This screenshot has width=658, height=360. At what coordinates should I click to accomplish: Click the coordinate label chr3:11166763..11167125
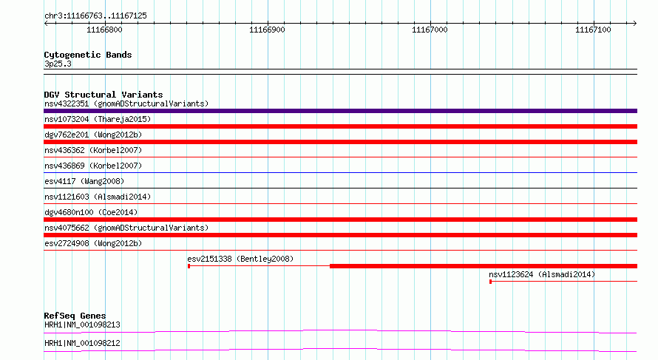[95, 16]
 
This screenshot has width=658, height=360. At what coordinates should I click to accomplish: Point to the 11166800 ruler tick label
[104, 30]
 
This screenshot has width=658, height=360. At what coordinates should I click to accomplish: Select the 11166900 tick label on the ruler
[267, 30]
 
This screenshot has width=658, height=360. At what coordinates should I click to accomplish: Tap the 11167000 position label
[430, 30]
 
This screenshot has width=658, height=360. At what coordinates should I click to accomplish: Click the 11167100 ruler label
[593, 30]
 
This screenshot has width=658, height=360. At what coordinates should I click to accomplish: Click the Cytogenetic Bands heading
[88, 55]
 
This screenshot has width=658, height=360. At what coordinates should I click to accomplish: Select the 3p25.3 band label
[58, 64]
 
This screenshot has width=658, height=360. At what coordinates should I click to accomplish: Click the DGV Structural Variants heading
[104, 95]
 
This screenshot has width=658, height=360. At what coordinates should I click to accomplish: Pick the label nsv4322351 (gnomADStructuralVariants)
[126, 103]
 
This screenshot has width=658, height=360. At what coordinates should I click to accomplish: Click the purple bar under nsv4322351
[340, 111]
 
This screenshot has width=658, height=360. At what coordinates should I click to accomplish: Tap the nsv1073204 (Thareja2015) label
[98, 119]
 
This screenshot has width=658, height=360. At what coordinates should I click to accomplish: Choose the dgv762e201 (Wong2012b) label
[93, 135]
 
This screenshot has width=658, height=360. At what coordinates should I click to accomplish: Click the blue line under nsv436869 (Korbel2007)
[340, 172]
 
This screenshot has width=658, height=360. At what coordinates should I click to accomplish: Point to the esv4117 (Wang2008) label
[84, 181]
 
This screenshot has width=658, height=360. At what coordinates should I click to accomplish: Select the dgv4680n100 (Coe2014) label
[91, 212]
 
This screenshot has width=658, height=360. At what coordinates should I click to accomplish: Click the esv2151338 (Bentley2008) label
[240, 259]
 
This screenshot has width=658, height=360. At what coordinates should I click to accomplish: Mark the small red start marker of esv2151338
[189, 266]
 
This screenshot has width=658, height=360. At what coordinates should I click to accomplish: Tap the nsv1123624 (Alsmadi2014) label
[542, 274]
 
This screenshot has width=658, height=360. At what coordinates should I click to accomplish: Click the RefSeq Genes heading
[75, 316]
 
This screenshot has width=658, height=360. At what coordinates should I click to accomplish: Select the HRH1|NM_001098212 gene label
[82, 343]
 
